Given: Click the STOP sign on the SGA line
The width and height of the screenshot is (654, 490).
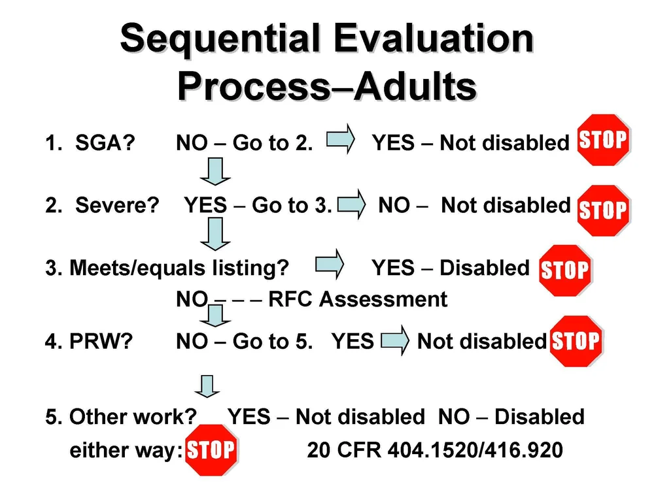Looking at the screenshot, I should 603,140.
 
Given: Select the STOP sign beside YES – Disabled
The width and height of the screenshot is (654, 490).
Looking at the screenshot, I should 564,270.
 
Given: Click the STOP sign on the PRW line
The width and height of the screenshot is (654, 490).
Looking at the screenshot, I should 575,341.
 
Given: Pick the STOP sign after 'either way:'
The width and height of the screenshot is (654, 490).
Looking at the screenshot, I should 211,450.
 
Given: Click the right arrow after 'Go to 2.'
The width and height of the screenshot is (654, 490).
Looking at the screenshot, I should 340,139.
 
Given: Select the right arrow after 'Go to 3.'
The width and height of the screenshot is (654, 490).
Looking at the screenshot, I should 351,204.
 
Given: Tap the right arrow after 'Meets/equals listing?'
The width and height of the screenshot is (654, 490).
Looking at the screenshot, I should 330,264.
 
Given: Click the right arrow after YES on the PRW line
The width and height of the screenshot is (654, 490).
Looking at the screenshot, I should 394,341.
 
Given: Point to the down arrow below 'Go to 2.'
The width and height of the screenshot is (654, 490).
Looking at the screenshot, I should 215,173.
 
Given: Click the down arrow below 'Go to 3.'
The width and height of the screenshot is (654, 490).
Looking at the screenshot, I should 215,234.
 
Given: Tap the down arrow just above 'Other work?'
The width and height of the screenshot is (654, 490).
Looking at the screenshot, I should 208,387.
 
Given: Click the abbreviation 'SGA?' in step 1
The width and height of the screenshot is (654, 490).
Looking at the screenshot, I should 105,142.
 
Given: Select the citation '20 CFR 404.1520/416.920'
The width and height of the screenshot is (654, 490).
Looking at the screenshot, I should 434,450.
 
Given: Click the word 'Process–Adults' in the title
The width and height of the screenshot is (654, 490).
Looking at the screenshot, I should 326,87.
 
